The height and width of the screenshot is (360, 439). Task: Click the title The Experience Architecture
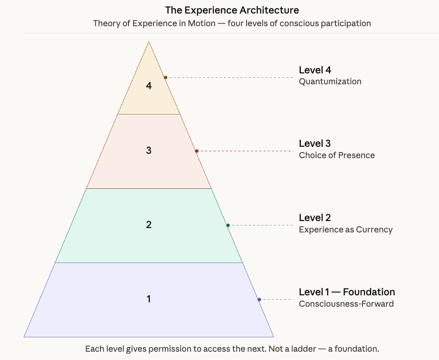232,10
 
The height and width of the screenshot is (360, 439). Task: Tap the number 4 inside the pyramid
149,86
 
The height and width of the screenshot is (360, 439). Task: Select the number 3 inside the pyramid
149,150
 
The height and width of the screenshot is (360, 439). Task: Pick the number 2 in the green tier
149,225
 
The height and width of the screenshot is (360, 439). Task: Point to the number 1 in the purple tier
149,299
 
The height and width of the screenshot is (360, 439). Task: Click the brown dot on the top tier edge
165,77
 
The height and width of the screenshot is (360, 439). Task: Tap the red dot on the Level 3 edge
197,151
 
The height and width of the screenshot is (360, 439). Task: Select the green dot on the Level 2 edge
228,225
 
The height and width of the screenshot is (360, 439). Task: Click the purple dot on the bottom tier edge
259,300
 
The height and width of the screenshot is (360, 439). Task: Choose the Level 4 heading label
315,70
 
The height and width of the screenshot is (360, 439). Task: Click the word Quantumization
330,81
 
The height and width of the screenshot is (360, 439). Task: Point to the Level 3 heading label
315,143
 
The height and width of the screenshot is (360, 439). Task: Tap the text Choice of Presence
337,155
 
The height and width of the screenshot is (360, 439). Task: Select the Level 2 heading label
315,218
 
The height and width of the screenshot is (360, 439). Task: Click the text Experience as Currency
345,229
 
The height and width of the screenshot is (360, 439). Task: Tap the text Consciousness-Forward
346,304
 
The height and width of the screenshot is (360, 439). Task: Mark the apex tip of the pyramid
149,42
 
